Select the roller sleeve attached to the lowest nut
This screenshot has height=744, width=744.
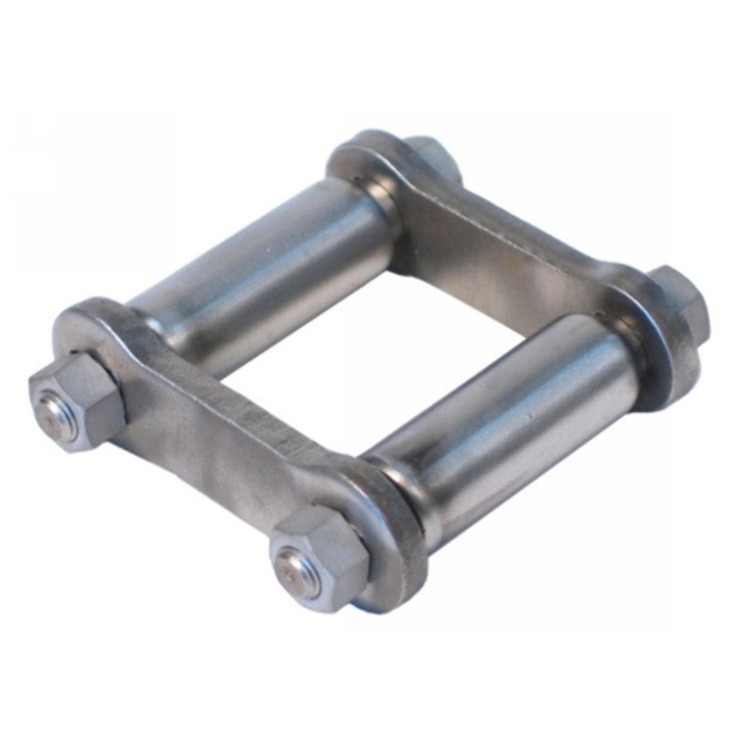506,417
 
